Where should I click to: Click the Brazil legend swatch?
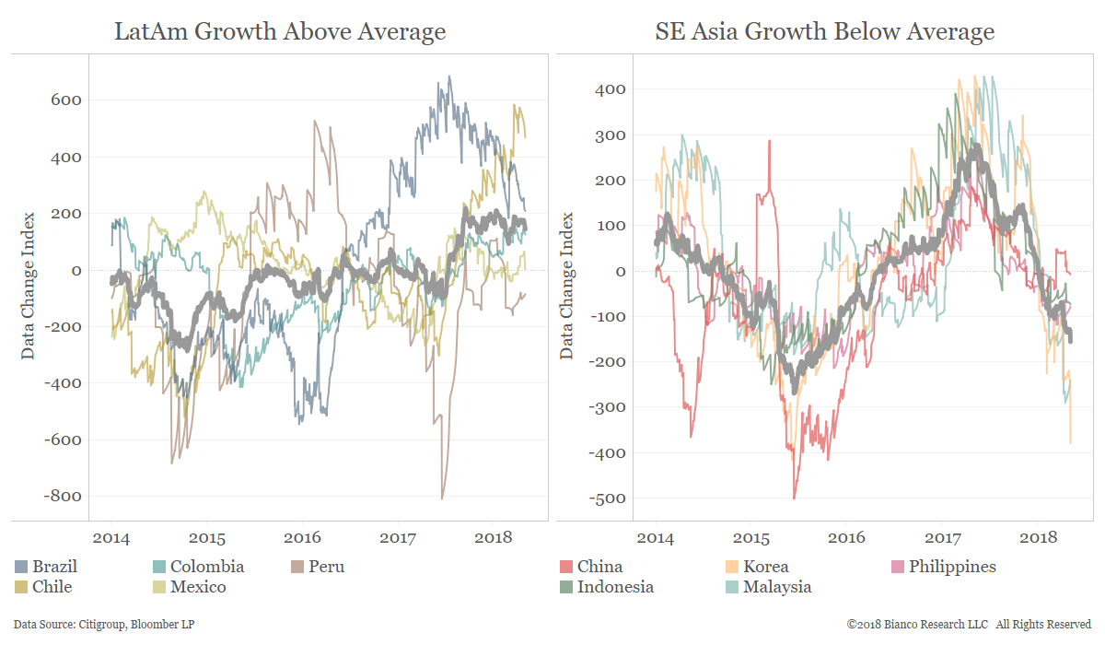pyautogui.click(x=23, y=567)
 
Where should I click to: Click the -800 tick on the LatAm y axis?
pyautogui.click(x=62, y=497)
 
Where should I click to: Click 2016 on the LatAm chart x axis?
pyautogui.click(x=302, y=537)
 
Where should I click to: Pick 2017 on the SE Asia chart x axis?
pyautogui.click(x=942, y=537)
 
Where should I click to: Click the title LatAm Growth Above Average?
pyautogui.click(x=280, y=31)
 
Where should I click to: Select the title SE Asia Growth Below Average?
pyautogui.click(x=825, y=31)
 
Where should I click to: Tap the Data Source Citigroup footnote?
pyautogui.click(x=104, y=625)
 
